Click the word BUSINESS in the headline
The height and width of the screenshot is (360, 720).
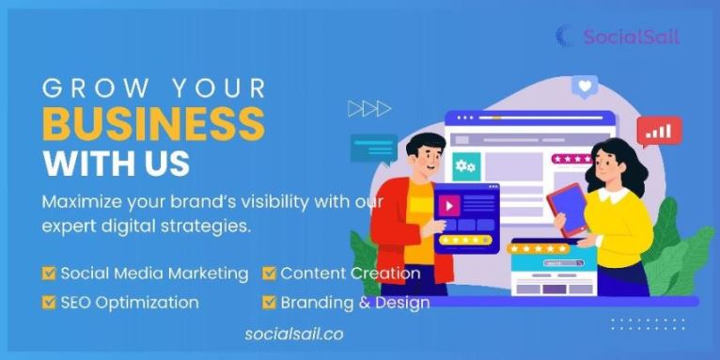pyautogui.click(x=153, y=123)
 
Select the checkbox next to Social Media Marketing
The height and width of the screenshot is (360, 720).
pyautogui.click(x=50, y=274)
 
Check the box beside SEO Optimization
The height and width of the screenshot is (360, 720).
pyautogui.click(x=50, y=303)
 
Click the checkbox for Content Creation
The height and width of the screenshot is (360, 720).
pyautogui.click(x=270, y=274)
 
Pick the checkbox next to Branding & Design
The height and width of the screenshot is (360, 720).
pyautogui.click(x=270, y=303)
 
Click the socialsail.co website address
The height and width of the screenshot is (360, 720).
pyautogui.click(x=293, y=333)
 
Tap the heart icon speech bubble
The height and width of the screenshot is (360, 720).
pyautogui.click(x=585, y=87)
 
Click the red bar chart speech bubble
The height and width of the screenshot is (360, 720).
pyautogui.click(x=660, y=131)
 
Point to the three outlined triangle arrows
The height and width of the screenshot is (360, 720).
pyautogui.click(x=368, y=109)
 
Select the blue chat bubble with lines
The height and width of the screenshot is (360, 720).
pyautogui.click(x=373, y=149)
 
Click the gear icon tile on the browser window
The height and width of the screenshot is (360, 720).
pyautogui.click(x=465, y=166)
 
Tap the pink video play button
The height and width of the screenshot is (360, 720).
pyautogui.click(x=450, y=205)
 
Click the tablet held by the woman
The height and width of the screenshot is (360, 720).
pyautogui.click(x=570, y=210)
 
